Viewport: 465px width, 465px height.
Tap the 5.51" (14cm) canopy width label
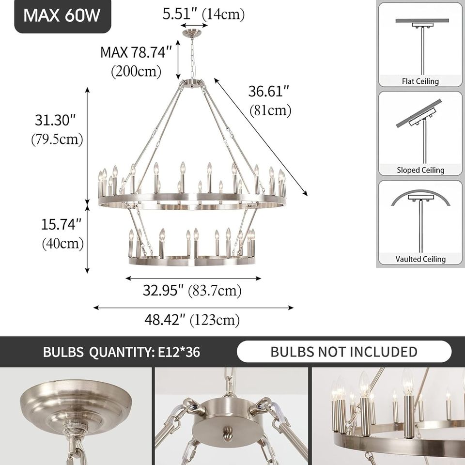pos(203,14)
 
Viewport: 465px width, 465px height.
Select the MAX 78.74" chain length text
pos(136,52)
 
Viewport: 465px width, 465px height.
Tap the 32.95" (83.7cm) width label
pos(192,291)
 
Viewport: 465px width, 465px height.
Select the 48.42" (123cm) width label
pos(192,320)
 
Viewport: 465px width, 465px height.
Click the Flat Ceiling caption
pos(420,81)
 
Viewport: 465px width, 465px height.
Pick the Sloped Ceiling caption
pos(420,170)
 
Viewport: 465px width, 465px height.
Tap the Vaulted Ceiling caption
pos(420,259)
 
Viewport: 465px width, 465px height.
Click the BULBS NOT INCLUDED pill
pos(344,352)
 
